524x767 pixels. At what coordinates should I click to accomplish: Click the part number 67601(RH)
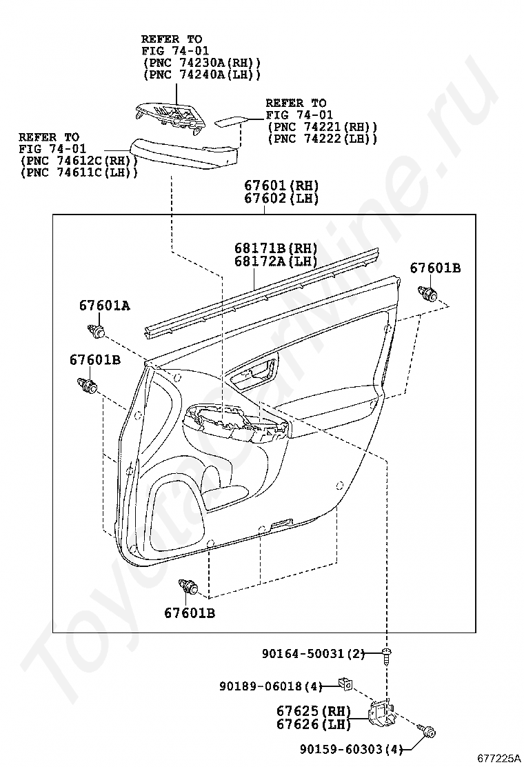[x=281, y=186]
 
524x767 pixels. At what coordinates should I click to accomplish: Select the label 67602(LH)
[x=281, y=198]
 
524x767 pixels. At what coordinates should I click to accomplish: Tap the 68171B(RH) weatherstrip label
[x=276, y=248]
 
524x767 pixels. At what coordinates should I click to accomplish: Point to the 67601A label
[x=105, y=306]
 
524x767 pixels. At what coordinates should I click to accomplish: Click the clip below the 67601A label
[x=97, y=331]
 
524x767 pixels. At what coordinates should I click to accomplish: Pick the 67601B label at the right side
[x=435, y=268]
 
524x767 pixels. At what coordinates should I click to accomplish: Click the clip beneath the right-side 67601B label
[x=428, y=294]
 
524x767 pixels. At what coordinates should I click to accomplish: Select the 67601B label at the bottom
[x=189, y=612]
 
